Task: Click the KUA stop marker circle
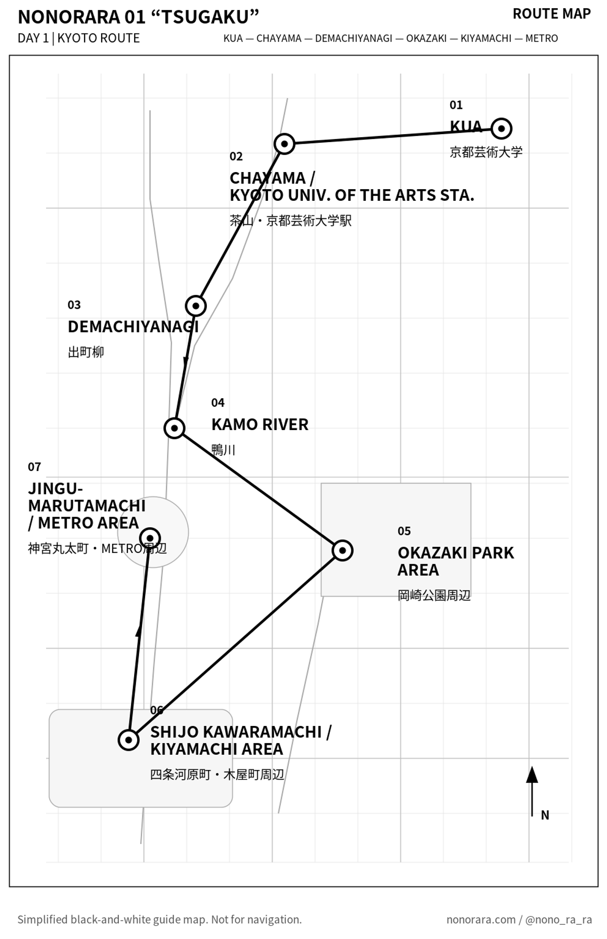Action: (501, 129)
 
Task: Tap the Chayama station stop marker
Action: (284, 144)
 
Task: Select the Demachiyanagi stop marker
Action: (196, 306)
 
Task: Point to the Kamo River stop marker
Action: (175, 429)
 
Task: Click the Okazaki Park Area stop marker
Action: (342, 550)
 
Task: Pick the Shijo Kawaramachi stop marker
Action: (128, 740)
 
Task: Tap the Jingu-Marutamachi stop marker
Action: (150, 537)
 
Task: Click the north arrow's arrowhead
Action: (532, 775)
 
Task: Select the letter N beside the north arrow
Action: (545, 815)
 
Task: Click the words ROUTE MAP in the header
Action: (551, 14)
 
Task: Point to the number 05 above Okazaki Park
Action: (404, 531)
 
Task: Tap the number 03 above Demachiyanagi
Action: (74, 305)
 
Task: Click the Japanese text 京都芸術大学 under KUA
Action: (486, 152)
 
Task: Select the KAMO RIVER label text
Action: (260, 424)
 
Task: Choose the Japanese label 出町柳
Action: (86, 352)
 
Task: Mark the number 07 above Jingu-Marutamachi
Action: (34, 467)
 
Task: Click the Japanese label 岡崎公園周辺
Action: (434, 595)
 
